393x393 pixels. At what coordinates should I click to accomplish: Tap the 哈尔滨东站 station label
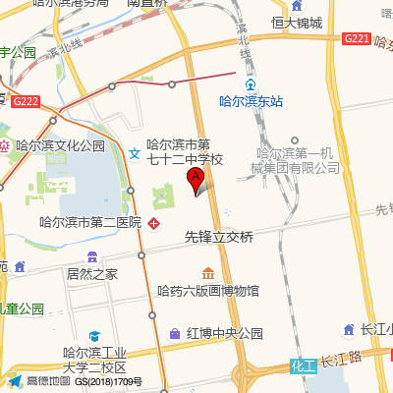251,100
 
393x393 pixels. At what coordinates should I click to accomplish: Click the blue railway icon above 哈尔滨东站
251,84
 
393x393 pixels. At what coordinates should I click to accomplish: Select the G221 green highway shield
356,37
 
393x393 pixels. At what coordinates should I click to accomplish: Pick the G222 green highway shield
27,100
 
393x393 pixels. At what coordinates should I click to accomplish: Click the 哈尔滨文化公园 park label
59,145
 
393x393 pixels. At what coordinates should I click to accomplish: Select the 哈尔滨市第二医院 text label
90,223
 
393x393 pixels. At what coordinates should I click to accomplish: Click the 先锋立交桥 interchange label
218,237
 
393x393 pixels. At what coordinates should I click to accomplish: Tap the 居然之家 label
92,273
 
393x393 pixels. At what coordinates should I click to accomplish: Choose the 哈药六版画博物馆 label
208,291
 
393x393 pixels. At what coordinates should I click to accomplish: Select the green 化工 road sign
302,365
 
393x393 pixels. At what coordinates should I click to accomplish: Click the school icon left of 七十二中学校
135,151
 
